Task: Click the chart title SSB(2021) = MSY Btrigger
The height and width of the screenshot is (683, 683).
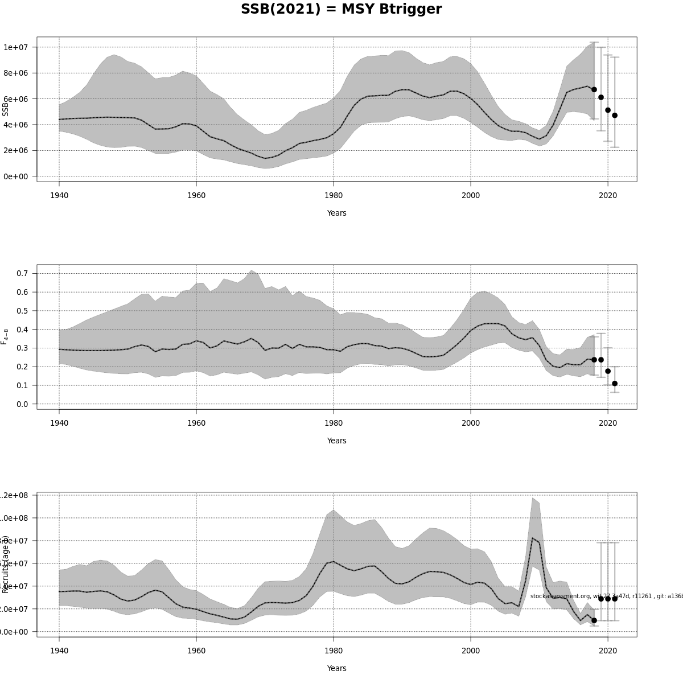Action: coord(341,10)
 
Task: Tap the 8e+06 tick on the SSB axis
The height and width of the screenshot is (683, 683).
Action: coord(17,73)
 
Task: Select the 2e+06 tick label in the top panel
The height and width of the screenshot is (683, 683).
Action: coord(17,150)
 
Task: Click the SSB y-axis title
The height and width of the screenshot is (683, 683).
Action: coord(6,106)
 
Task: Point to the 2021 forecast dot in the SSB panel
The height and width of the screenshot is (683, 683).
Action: coord(615,116)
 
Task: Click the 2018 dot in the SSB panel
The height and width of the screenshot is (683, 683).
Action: coord(594,89)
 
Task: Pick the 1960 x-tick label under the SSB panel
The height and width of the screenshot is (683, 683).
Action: coord(196,196)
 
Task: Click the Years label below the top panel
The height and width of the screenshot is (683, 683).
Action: coord(336,213)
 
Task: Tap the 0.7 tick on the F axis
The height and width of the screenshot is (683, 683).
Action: coord(22,273)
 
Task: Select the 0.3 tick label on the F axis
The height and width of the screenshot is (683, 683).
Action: coord(22,348)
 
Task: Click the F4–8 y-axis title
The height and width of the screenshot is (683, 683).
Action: coord(6,336)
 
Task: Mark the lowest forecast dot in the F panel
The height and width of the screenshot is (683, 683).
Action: coord(615,384)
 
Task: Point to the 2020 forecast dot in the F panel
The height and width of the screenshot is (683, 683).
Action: coord(608,371)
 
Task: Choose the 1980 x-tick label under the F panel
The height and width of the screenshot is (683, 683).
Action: coord(334,423)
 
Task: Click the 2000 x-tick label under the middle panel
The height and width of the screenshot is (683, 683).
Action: coord(471,423)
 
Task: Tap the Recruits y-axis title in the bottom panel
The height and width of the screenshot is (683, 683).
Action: coord(6,563)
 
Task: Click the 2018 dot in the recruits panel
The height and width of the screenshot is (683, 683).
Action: coord(594,620)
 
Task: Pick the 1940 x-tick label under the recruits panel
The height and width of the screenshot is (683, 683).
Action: coord(59,651)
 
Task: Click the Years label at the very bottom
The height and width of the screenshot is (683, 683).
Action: coord(336,668)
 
